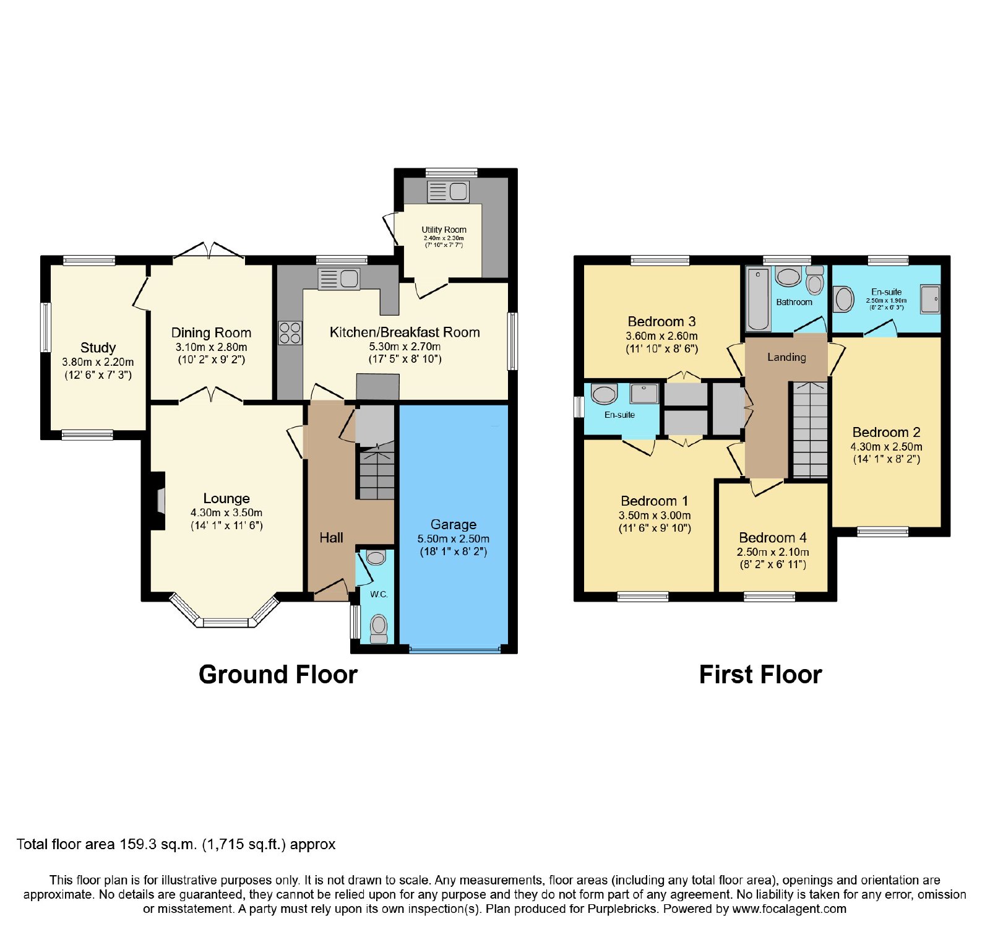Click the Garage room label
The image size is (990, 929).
click(454, 525)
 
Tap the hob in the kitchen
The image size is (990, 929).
click(290, 332)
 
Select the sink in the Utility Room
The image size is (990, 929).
click(448, 192)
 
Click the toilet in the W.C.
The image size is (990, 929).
click(379, 629)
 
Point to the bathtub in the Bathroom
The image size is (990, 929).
click(759, 299)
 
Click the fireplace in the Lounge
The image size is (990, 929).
click(158, 501)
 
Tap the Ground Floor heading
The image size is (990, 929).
click(278, 675)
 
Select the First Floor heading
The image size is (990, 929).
click(760, 675)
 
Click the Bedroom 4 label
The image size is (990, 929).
click(773, 538)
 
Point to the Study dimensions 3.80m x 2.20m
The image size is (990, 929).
click(98, 362)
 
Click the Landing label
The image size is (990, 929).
click(786, 357)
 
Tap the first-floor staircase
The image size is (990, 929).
click(810, 430)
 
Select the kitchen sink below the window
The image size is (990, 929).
click(338, 279)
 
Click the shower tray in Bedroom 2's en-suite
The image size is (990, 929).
click(930, 299)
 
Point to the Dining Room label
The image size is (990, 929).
click(211, 333)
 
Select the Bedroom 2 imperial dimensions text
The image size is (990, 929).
click(887, 459)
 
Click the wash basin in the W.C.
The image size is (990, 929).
click(376, 558)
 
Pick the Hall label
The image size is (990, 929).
click(331, 538)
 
